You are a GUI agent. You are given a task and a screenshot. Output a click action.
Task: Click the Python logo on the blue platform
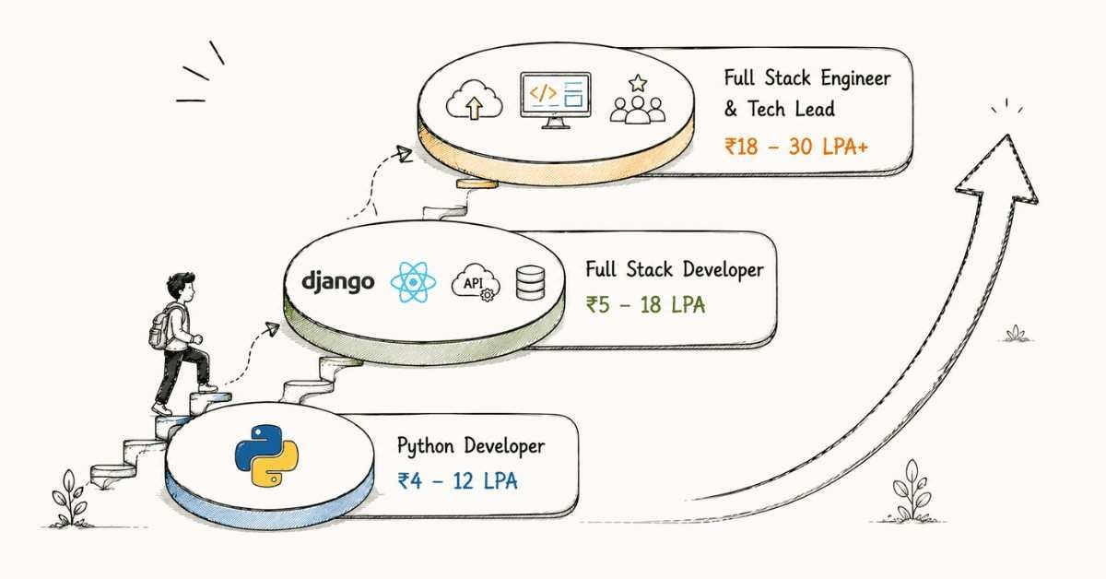pos(266,455)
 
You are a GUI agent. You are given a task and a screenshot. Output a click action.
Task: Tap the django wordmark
pos(337,282)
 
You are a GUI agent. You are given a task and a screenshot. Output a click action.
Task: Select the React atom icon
pos(413,282)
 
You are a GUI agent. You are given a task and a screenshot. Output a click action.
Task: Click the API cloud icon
pos(476,283)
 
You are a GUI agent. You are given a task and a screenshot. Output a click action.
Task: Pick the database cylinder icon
pos(530,283)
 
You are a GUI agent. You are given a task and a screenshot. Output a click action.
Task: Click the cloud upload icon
pos(474,100)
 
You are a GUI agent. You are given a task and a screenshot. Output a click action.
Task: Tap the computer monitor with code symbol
pos(556,100)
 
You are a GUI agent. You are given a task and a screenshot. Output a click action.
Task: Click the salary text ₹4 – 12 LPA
pos(458,481)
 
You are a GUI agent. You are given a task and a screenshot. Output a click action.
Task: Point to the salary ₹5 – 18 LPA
pos(645,305)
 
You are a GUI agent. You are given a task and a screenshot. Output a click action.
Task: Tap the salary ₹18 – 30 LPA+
pos(796,147)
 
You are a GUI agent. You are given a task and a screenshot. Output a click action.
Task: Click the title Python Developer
pos(471,446)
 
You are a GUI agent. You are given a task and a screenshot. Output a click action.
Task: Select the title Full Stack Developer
pos(675,270)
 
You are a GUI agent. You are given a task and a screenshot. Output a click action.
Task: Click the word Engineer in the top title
pos(855,79)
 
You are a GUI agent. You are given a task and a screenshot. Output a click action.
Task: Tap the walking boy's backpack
pos(161,327)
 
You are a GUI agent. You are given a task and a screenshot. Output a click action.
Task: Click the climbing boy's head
pos(181,287)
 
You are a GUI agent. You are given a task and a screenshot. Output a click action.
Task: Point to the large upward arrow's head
pos(997,171)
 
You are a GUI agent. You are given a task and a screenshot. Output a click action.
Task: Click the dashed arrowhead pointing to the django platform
pos(272,328)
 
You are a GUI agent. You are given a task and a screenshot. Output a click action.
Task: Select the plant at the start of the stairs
pos(70,499)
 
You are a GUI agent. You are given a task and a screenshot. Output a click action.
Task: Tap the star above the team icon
pos(638,83)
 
